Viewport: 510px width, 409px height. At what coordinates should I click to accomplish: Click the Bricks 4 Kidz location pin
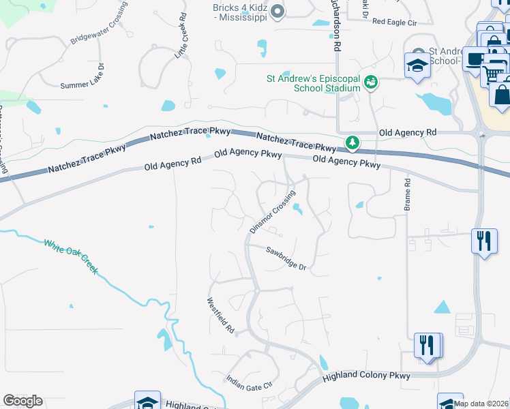point(277,11)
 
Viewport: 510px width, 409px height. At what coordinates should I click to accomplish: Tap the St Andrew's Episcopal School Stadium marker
point(371,82)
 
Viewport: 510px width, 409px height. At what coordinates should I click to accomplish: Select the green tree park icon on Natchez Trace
point(352,142)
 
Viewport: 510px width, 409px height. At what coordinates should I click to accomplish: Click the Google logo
point(22,401)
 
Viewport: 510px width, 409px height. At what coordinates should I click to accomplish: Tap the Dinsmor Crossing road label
point(272,212)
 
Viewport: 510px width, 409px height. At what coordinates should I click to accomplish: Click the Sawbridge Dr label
point(286,258)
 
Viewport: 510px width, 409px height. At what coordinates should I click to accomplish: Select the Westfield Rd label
point(221,314)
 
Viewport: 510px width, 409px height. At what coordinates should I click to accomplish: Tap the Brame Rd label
point(407,194)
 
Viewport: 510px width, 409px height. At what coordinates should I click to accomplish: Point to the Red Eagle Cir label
point(394,22)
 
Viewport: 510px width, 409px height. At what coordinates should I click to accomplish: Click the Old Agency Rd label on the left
point(173,164)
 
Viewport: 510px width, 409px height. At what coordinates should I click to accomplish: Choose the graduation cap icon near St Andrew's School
point(417,65)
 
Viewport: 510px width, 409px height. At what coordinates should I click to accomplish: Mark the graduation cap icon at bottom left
point(147,402)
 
